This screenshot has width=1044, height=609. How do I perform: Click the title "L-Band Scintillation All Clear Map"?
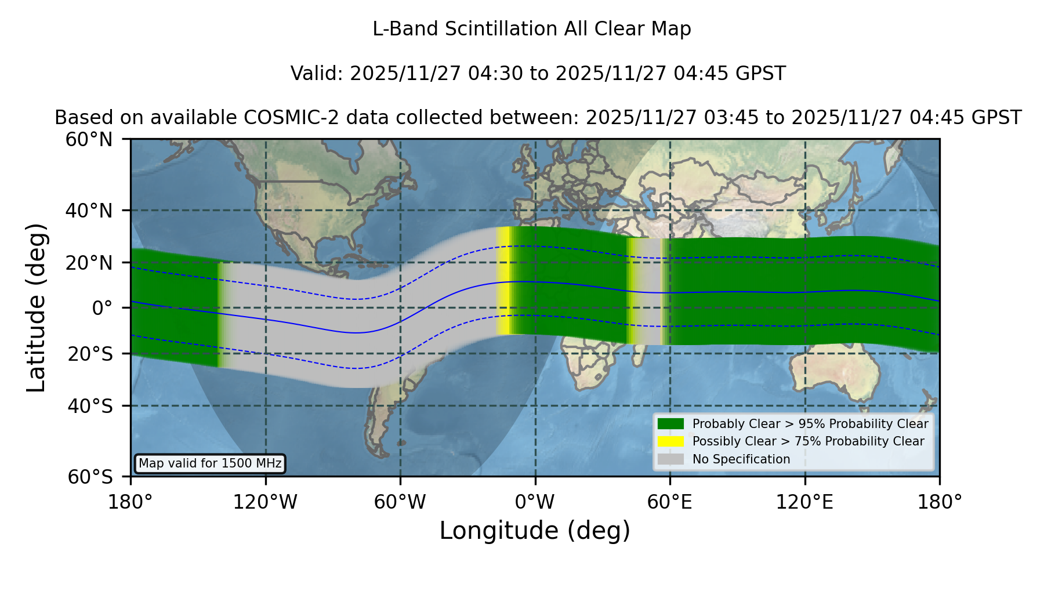coord(531,29)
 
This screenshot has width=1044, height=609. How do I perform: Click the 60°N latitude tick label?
coord(89,139)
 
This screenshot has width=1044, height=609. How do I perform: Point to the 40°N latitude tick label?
coord(89,211)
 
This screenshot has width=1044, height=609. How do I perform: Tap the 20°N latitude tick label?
coord(89,263)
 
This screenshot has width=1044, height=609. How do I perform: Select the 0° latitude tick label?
coord(103,308)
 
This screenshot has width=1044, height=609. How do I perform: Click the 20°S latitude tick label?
coord(90,354)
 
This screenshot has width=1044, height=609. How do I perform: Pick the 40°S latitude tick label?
coord(90,406)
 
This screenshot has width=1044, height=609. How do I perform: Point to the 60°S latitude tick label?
coord(90,477)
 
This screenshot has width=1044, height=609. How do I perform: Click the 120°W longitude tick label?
coord(265,502)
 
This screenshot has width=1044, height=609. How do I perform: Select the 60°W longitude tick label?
coord(400,502)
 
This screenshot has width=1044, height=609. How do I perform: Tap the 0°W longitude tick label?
coord(535,502)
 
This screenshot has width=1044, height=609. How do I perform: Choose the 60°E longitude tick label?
coord(670,502)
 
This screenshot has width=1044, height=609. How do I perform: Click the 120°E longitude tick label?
coord(804,502)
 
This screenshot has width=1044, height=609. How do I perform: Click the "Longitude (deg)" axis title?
coord(535,531)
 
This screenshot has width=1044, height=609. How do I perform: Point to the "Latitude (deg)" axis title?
coord(36,307)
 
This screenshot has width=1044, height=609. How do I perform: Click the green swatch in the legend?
coord(670,423)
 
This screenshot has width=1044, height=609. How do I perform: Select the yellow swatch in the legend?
coord(670,441)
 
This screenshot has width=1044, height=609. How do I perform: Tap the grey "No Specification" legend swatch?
coord(670,459)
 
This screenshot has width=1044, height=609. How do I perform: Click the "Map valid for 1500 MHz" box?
coord(210,463)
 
